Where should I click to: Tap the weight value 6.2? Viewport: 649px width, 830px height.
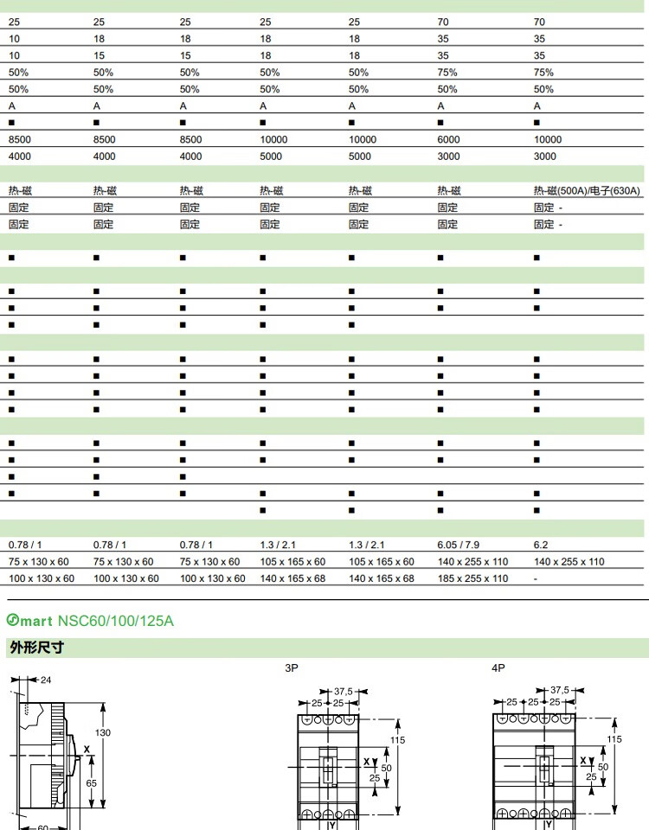pyautogui.click(x=540, y=546)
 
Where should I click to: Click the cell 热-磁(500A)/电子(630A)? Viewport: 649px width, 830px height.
pyautogui.click(x=587, y=190)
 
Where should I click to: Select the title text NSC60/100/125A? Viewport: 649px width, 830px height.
pyautogui.click(x=116, y=621)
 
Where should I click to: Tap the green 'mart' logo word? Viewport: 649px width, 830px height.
pyautogui.click(x=36, y=621)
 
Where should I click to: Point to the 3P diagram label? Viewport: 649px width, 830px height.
pyautogui.click(x=292, y=667)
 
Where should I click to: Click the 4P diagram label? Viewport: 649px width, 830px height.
pyautogui.click(x=498, y=667)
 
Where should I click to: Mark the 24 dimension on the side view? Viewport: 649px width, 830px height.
pyautogui.click(x=46, y=680)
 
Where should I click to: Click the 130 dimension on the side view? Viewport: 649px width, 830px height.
pyautogui.click(x=103, y=732)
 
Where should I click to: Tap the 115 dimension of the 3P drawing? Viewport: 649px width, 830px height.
pyautogui.click(x=398, y=739)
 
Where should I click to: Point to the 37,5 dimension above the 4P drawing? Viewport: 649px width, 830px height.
pyautogui.click(x=560, y=690)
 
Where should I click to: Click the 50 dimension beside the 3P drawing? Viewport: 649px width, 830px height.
pyautogui.click(x=386, y=767)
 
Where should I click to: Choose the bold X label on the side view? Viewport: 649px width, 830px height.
pyautogui.click(x=86, y=750)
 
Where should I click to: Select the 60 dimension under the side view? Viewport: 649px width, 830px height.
pyautogui.click(x=43, y=827)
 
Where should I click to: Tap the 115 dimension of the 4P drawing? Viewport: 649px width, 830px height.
pyautogui.click(x=614, y=739)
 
